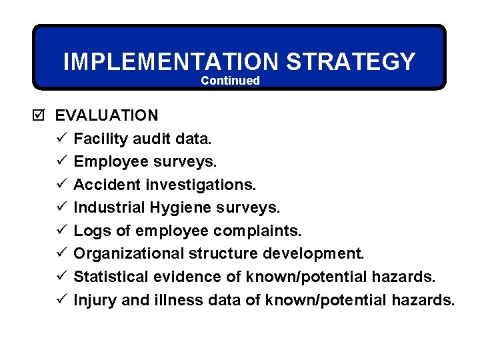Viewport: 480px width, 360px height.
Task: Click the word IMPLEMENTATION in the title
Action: [171, 62]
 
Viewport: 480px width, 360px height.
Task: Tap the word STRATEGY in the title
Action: [351, 62]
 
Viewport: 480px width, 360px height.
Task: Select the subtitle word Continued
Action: [230, 81]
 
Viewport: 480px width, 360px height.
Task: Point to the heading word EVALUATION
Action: [107, 115]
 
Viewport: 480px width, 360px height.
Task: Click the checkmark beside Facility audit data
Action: [61, 139]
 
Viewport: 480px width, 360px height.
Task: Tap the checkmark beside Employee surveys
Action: [61, 161]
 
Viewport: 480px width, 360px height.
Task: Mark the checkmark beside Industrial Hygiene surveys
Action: [61, 207]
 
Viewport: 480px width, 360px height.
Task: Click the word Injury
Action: [95, 300]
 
